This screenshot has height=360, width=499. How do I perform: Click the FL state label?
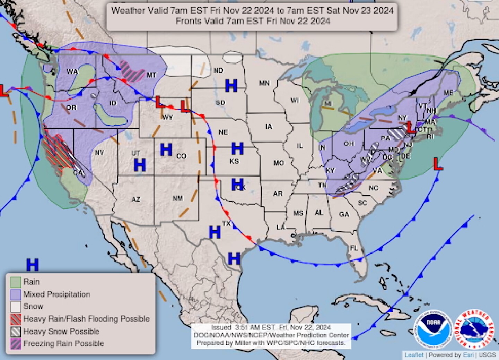tap(353, 248)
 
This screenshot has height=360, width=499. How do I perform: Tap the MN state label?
tap(264, 83)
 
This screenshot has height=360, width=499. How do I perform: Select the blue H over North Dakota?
tap(231, 85)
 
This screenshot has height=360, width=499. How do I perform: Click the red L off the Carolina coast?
tap(438, 164)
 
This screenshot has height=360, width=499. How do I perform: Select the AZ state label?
tap(136, 199)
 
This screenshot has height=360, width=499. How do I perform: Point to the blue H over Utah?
tap(140, 165)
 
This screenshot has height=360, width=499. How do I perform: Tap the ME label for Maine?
tap(448, 93)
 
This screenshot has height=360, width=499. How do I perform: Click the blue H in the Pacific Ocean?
tap(33, 265)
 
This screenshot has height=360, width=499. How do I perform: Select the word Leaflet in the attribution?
tap(414, 355)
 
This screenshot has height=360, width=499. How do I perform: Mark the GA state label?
tap(344, 214)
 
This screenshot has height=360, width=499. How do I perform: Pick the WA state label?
tap(72, 72)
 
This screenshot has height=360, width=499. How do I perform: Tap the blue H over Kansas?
tap(237, 149)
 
